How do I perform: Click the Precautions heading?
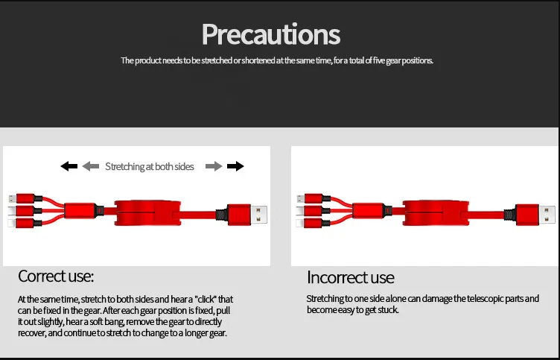coord(271,35)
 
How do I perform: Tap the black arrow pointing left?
coord(69,166)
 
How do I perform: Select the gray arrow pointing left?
coord(91,166)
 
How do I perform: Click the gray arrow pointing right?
coord(214,166)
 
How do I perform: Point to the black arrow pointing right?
coord(235,166)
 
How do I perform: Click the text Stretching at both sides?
coord(150,167)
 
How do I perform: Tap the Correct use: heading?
coord(56,277)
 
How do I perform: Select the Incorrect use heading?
coord(350,277)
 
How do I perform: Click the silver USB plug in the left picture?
coord(258,214)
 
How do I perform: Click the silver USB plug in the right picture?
coord(547,214)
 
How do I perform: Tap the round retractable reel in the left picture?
coord(147,213)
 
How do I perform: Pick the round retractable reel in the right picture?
coord(436,213)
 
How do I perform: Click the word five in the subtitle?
coord(379,60)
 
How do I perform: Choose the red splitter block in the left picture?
coord(80,211)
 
